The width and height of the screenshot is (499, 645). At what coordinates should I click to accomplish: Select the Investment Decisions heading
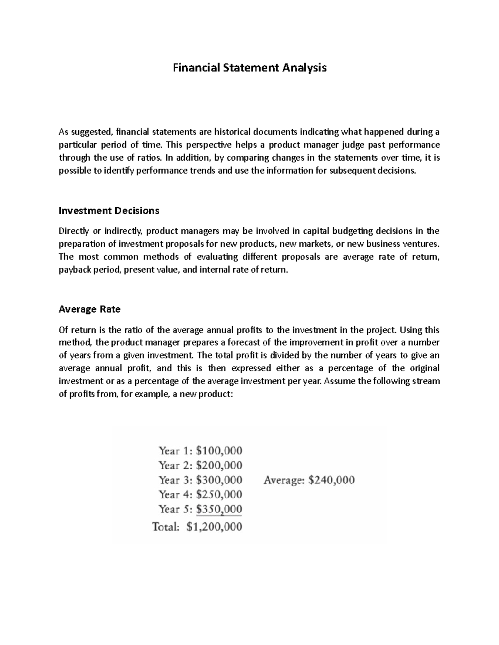(x=109, y=211)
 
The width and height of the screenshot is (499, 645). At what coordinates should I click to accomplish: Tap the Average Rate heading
(x=89, y=309)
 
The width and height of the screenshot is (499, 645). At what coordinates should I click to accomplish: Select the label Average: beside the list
(x=283, y=480)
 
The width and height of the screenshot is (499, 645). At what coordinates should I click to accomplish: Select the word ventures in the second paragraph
(x=422, y=244)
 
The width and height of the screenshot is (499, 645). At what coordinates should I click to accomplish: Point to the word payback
(x=74, y=270)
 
